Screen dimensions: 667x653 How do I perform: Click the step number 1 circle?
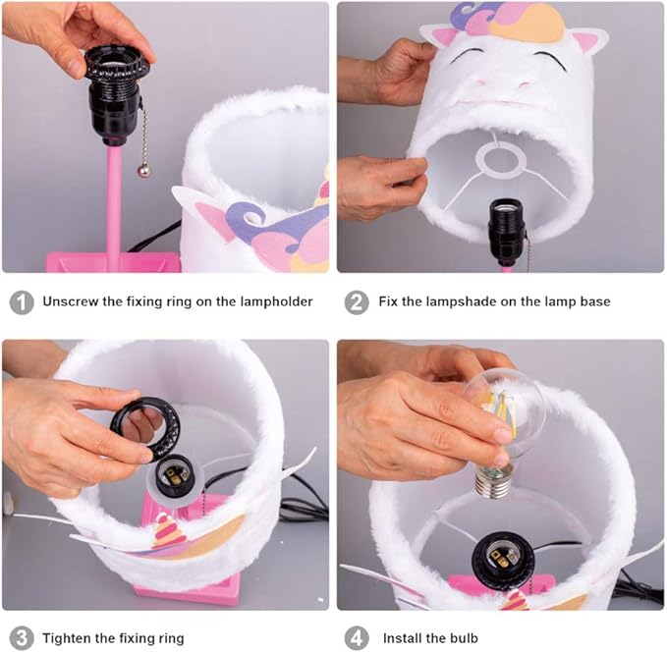(22, 302)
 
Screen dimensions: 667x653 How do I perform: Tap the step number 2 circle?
(357, 302)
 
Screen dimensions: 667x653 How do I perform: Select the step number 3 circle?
(22, 638)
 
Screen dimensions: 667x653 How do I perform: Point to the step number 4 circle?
(357, 638)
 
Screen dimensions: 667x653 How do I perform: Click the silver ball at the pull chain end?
(143, 170)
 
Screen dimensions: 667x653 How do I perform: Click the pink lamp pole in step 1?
(114, 199)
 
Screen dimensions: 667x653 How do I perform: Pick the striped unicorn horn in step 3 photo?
(168, 530)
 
